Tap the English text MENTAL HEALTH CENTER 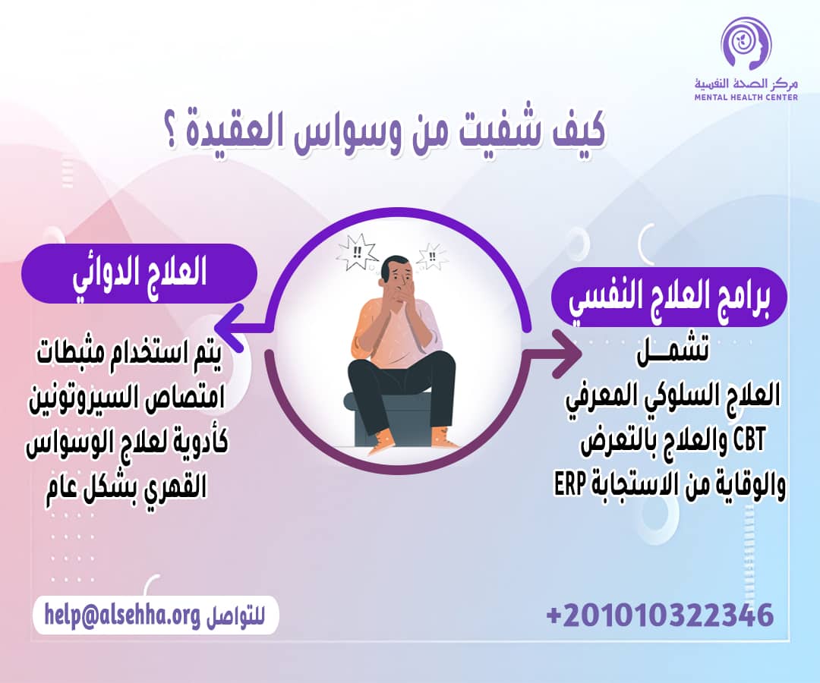click(746, 97)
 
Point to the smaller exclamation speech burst click(434, 256)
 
